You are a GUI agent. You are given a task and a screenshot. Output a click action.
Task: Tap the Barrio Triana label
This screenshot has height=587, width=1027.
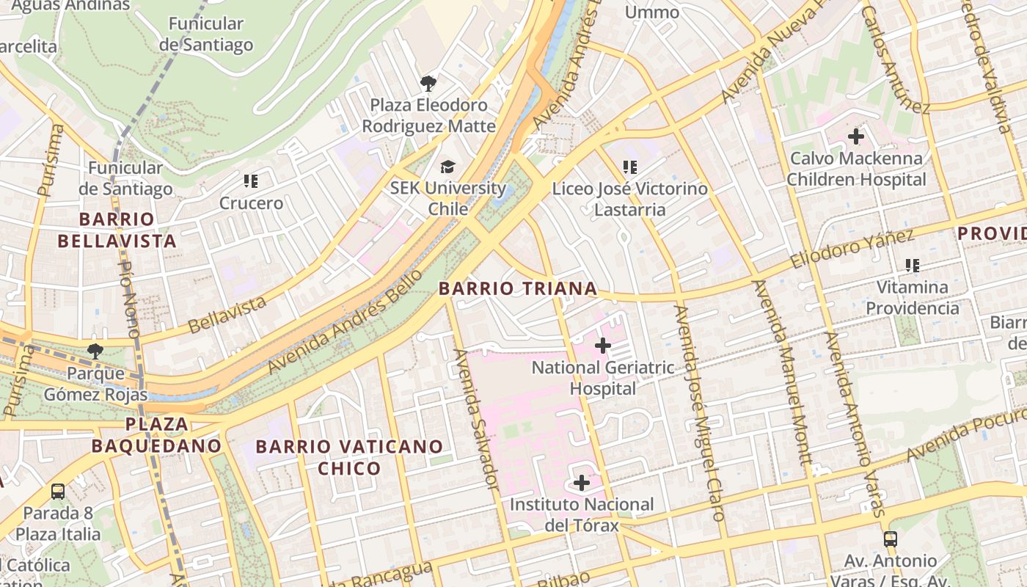pyautogui.click(x=518, y=289)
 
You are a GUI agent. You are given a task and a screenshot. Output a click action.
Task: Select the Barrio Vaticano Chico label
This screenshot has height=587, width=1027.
pyautogui.click(x=349, y=457)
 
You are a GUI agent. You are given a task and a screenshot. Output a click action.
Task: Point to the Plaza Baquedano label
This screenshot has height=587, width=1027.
pyautogui.click(x=156, y=434)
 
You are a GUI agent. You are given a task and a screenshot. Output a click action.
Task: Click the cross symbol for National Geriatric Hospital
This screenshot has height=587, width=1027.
pyautogui.click(x=603, y=345)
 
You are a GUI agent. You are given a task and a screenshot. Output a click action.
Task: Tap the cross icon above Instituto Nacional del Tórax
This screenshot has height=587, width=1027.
pyautogui.click(x=581, y=483)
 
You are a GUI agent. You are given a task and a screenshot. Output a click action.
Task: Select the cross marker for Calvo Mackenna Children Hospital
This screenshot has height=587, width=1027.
pyautogui.click(x=855, y=136)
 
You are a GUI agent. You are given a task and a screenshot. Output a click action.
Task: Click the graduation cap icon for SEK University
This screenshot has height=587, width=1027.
pyautogui.click(x=447, y=167)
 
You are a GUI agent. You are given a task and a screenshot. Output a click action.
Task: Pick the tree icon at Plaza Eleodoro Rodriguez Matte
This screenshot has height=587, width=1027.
pyautogui.click(x=428, y=84)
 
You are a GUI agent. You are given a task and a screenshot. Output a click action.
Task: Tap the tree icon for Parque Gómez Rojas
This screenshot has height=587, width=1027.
pyautogui.click(x=95, y=351)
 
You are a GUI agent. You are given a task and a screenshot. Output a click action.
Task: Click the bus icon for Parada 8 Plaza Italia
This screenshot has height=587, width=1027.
pyautogui.click(x=58, y=492)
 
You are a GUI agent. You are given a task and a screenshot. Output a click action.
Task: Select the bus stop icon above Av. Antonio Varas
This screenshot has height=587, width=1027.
pyautogui.click(x=890, y=539)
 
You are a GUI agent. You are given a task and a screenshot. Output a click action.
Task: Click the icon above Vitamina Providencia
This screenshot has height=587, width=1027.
pyautogui.click(x=912, y=265)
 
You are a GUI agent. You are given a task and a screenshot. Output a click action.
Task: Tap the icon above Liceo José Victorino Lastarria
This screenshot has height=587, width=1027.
pyautogui.click(x=629, y=168)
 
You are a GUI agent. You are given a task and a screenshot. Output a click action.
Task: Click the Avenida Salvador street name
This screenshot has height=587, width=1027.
pyautogui.click(x=477, y=420)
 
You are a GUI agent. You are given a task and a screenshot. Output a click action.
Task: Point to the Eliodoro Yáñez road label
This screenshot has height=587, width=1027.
pyautogui.click(x=852, y=249)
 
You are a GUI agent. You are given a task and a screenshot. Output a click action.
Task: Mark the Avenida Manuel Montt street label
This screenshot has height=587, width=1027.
pyautogui.click(x=783, y=371)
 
